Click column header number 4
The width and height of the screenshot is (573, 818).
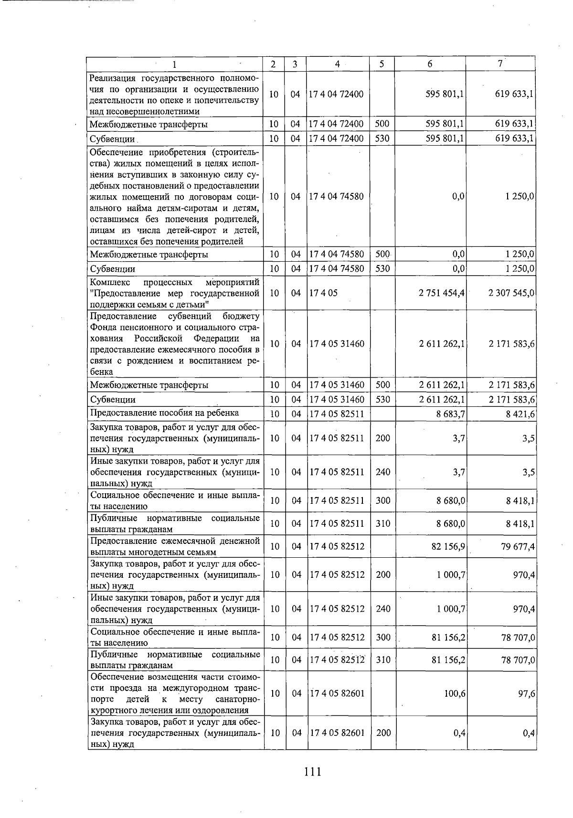[338, 64]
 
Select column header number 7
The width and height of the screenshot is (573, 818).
[499, 64]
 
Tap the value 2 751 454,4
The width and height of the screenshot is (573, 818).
[442, 293]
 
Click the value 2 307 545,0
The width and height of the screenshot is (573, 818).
[511, 293]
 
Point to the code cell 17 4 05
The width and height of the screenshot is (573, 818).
[323, 293]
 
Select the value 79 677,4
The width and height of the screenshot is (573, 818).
[518, 546]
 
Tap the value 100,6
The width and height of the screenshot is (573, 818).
[455, 693]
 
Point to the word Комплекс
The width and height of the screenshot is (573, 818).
[107, 282]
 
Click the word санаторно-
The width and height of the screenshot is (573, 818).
[237, 699]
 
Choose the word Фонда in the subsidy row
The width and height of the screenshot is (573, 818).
[102, 327]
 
